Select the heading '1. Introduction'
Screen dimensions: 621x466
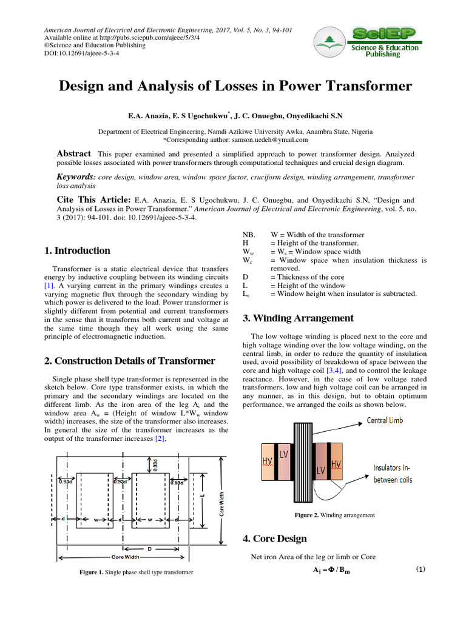78,250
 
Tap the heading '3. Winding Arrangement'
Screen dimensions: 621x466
298,318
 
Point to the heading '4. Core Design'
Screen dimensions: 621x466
274,539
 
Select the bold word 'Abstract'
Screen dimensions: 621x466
73,154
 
